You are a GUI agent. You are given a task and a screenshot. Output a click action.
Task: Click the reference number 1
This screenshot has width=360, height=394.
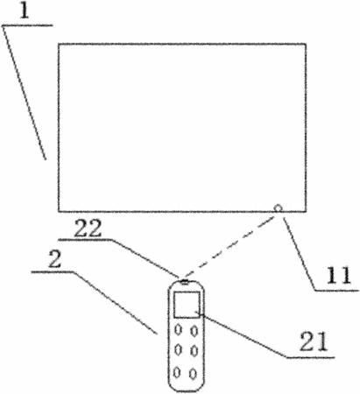click(x=25, y=11)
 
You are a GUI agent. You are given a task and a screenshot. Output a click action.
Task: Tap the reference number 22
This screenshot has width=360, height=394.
click(x=88, y=229)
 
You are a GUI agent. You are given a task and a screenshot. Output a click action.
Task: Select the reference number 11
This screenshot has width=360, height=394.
click(x=338, y=275)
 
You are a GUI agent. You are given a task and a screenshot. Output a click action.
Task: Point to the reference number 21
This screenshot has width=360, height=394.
click(x=314, y=341)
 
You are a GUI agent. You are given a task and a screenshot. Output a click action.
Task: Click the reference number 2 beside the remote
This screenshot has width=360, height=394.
click(x=54, y=259)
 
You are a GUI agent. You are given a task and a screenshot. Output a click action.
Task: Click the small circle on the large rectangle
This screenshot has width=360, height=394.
click(x=278, y=208)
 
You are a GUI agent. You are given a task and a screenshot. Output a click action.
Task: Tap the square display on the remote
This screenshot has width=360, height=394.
click(x=187, y=305)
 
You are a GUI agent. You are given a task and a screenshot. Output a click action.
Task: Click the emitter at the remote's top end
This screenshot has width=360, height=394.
click(x=185, y=282)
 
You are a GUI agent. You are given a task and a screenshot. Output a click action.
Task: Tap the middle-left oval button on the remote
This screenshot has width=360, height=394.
click(x=178, y=349)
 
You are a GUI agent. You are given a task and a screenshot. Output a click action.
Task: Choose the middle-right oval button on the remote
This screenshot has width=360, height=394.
click(x=194, y=351)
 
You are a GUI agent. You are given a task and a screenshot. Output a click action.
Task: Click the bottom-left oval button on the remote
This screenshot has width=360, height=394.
click(x=177, y=372)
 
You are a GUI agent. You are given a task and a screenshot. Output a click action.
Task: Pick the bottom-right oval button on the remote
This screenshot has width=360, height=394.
click(x=193, y=374)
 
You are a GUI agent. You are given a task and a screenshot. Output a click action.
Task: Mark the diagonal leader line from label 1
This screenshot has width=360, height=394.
click(x=25, y=93)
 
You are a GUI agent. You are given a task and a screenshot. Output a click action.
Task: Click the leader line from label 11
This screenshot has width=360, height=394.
click(x=299, y=254)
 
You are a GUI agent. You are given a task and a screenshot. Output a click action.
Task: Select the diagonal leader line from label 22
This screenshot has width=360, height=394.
click(x=145, y=258)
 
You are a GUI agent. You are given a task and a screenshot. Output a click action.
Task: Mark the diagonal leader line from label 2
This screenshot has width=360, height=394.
click(x=115, y=303)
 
